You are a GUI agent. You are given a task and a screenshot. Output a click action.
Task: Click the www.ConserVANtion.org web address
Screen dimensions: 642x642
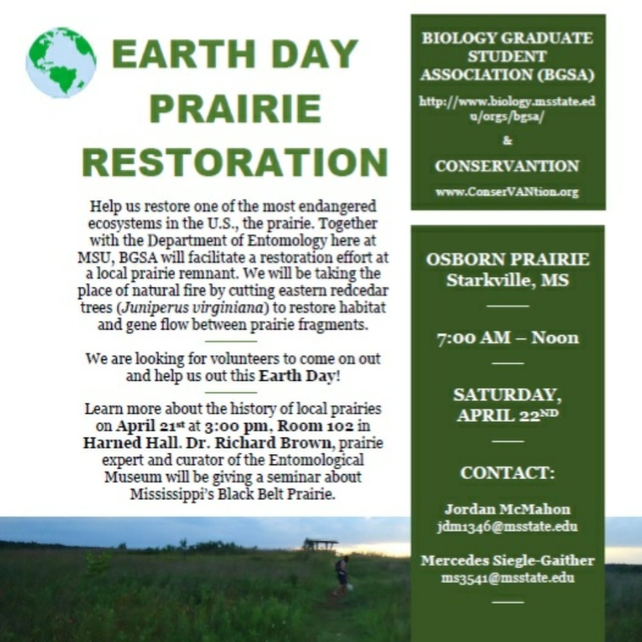click(507, 192)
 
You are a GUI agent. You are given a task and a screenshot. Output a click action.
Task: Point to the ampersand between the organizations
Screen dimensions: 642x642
click(507, 141)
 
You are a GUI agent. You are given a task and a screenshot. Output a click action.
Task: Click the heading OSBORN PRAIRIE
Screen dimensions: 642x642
click(507, 260)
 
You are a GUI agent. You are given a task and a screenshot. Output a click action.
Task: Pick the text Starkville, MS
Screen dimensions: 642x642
click(507, 280)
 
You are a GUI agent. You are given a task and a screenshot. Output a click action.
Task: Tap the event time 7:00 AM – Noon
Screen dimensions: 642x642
click(507, 338)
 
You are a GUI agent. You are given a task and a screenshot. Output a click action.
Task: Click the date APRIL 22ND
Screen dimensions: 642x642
click(507, 416)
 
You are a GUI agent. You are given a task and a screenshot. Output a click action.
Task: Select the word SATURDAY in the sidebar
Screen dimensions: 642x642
click(507, 395)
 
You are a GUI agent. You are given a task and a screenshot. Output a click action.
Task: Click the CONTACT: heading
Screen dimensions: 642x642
click(507, 473)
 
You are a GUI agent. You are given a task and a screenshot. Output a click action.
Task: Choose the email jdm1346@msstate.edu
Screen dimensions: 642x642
click(507, 526)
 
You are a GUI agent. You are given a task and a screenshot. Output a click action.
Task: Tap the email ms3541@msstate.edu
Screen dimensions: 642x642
click(507, 578)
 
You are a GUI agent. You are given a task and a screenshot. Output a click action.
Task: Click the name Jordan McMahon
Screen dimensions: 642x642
click(507, 509)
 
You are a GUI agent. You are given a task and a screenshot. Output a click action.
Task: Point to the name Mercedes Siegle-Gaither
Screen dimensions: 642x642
click(507, 561)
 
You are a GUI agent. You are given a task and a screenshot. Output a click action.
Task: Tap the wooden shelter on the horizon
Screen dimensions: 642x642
click(321, 544)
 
